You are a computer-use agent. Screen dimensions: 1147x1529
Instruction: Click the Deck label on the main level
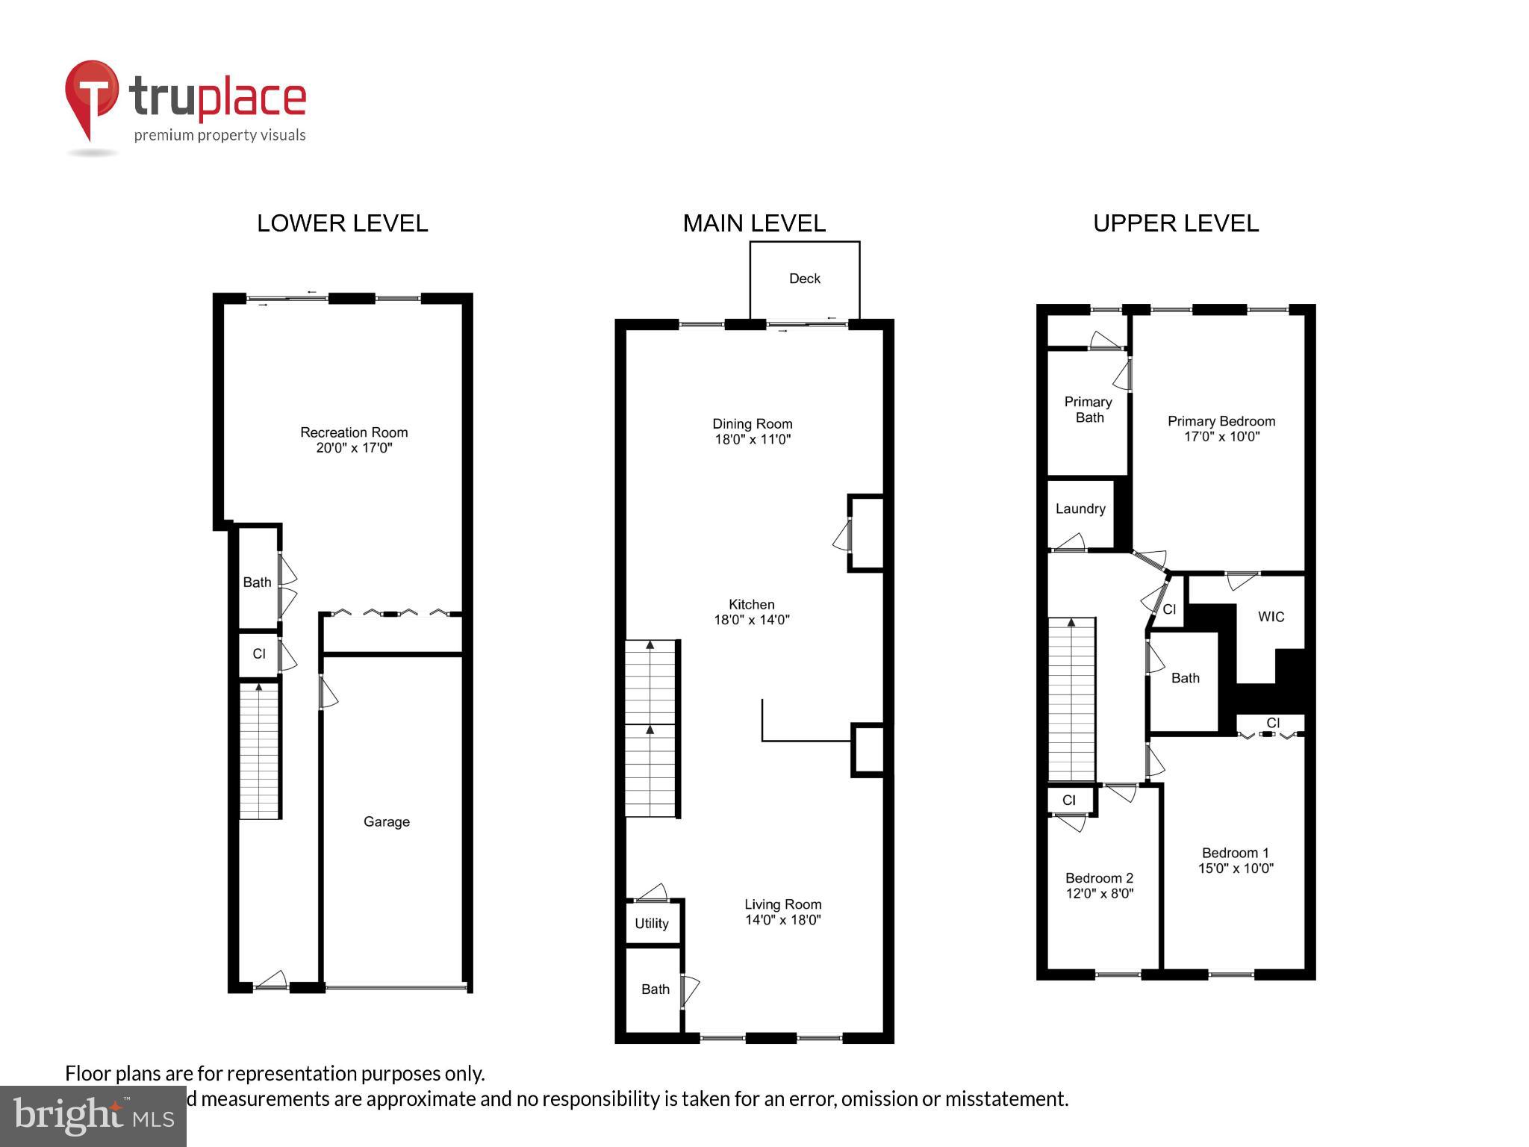804,279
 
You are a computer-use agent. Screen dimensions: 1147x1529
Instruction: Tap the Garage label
386,821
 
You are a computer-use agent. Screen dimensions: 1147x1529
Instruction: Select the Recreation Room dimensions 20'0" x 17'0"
354,448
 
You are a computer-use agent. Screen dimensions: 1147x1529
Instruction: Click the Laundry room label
1080,509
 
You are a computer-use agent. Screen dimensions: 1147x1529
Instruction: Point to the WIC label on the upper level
1271,617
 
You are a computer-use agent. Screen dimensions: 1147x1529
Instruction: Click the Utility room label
651,923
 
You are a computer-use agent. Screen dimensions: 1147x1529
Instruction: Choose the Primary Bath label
1089,409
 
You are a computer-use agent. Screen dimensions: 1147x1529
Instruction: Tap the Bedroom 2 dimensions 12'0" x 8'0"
1100,893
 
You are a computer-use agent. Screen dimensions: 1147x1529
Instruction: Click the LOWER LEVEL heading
342,223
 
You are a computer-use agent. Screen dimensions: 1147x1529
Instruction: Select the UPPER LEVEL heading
1175,223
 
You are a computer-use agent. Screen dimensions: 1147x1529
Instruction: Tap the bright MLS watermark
93,1116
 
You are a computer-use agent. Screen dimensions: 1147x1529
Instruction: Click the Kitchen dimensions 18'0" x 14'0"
751,619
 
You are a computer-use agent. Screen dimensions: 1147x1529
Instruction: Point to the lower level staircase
259,750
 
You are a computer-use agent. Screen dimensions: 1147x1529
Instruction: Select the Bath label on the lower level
257,582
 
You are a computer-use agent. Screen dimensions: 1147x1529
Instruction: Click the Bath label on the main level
655,989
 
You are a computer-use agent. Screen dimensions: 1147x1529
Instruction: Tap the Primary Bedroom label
1221,421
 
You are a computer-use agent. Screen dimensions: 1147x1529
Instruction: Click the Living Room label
782,904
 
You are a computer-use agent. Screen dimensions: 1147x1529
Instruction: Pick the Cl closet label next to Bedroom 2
1068,800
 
